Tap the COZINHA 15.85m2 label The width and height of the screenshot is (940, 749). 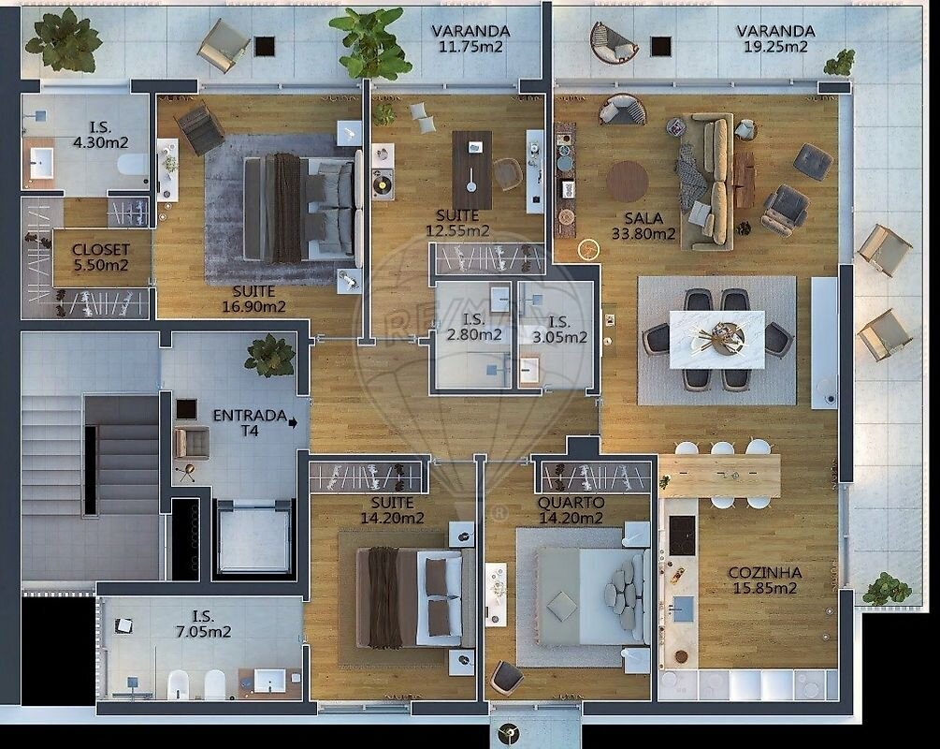tap(765, 580)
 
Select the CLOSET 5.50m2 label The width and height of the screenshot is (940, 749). tap(101, 257)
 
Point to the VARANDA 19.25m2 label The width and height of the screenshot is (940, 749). tap(775, 38)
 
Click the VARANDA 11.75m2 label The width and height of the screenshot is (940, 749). tap(470, 38)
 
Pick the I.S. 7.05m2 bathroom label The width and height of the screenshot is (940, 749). tap(203, 624)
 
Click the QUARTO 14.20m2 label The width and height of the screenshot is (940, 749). tap(571, 510)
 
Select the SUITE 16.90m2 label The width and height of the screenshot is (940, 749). tap(253, 299)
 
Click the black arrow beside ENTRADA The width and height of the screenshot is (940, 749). tap(293, 423)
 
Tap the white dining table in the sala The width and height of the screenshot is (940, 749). tap(716, 339)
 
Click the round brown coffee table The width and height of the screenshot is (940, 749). tap(627, 182)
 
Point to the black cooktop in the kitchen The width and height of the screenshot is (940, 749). tap(682, 536)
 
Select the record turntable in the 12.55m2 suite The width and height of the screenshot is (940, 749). tap(382, 183)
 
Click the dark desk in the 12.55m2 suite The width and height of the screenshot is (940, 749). tap(471, 169)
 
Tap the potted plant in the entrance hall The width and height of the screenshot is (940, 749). tap(270, 355)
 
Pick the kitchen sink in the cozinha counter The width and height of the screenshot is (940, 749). tap(682, 609)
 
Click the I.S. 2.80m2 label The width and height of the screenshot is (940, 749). tap(473, 327)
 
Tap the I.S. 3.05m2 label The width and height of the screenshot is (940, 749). tap(559, 330)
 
